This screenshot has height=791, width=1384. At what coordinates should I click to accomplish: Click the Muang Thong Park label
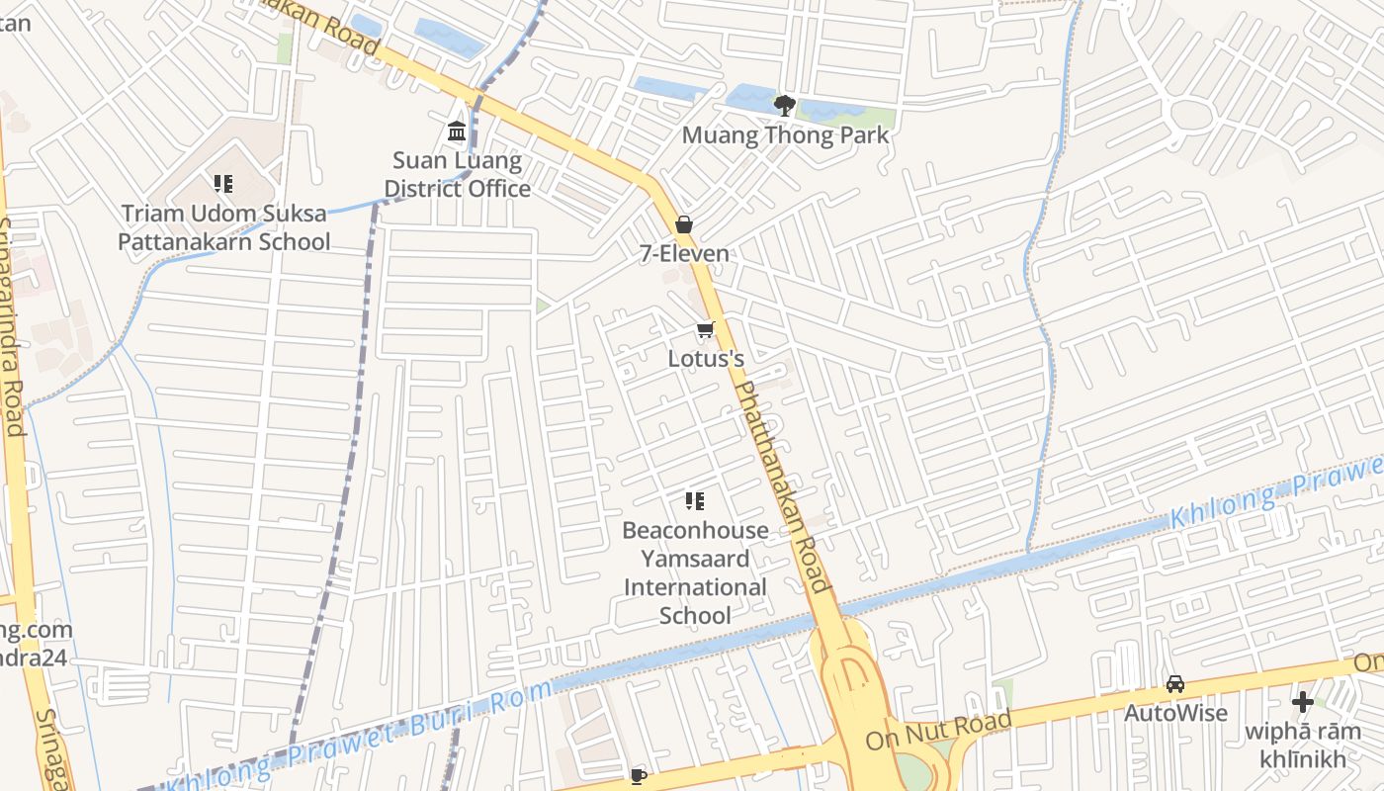(786, 134)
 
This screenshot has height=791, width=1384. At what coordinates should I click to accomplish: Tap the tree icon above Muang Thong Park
(785, 105)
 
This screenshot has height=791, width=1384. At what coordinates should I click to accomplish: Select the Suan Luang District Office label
(457, 174)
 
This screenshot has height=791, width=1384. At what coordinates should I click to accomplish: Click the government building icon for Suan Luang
(457, 131)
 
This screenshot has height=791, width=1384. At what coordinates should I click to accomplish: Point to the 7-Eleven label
(684, 253)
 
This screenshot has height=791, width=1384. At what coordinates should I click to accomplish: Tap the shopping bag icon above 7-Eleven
(684, 224)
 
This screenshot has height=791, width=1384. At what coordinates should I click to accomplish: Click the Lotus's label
(706, 358)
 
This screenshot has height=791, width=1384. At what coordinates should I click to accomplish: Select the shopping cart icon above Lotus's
(705, 330)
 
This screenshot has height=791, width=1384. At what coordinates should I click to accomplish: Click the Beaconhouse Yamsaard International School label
(695, 572)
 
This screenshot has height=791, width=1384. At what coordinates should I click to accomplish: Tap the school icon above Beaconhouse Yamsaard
(695, 501)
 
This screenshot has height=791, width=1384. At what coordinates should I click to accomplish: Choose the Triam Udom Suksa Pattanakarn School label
(224, 227)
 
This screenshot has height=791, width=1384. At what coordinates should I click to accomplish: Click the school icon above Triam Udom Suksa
(223, 184)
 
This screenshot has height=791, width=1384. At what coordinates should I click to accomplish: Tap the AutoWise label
(1175, 713)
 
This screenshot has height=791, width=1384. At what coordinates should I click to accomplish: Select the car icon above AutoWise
(1175, 684)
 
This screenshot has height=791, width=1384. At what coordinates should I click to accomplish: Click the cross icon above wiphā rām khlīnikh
(1303, 703)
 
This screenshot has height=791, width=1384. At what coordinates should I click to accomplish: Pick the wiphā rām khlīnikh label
(1302, 746)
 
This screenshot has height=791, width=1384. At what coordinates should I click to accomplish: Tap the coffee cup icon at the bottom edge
(639, 776)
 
